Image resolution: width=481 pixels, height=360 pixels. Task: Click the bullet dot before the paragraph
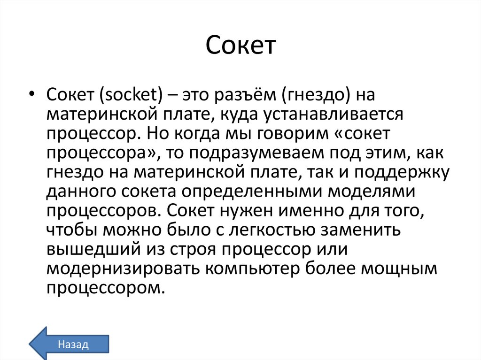click(x=31, y=94)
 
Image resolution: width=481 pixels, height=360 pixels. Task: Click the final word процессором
click(x=105, y=287)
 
